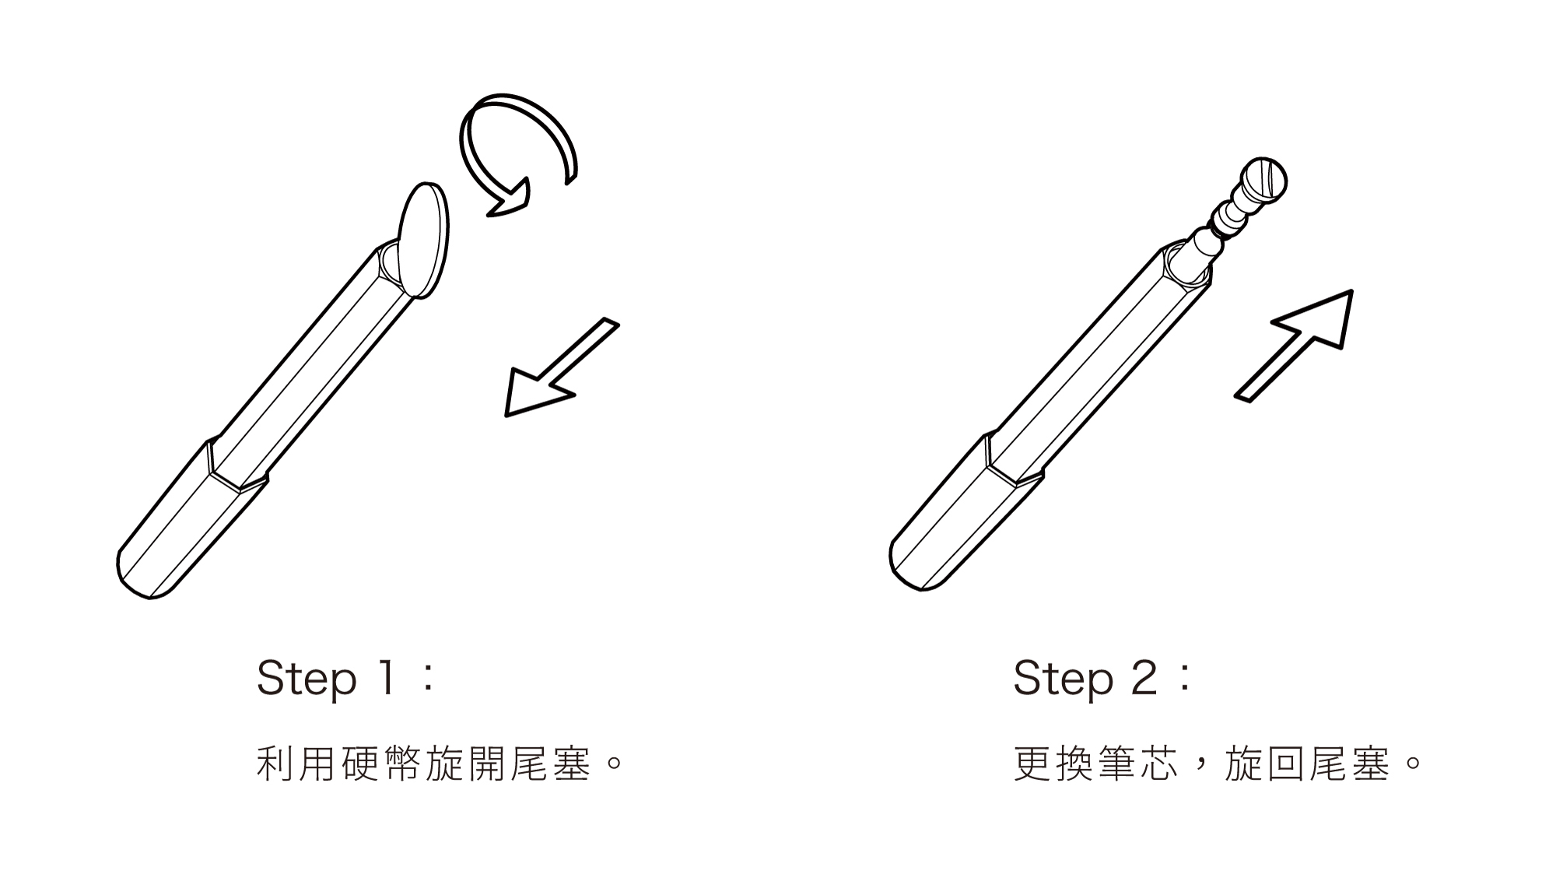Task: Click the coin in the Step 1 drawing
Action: pyautogui.click(x=424, y=240)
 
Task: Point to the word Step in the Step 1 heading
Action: pyautogui.click(x=306, y=678)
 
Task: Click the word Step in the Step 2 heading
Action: pyautogui.click(x=1063, y=678)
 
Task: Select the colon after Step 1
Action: pyautogui.click(x=426, y=678)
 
